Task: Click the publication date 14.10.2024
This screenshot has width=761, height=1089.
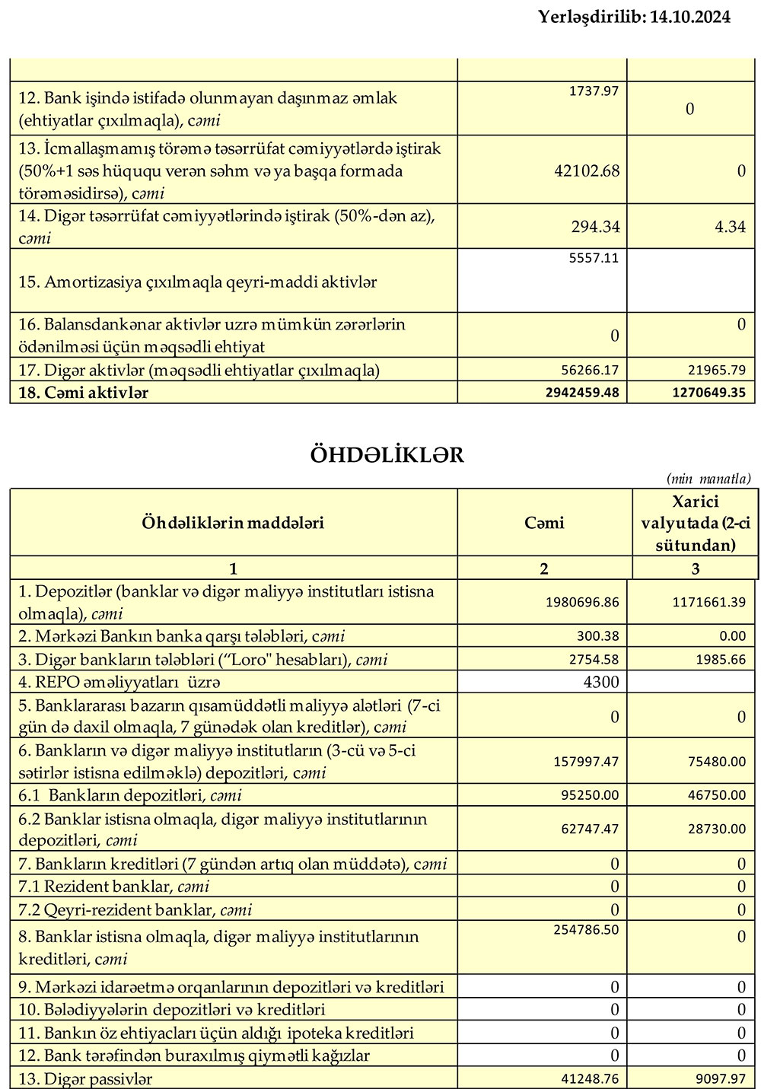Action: [x=689, y=17]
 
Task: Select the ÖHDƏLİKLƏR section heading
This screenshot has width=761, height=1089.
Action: [x=387, y=455]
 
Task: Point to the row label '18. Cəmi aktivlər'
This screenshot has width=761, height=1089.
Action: [x=84, y=393]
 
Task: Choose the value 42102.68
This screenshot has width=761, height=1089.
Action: [x=587, y=171]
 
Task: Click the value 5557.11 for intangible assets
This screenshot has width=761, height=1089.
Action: [x=594, y=258]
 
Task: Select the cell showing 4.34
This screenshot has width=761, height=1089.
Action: [x=730, y=226]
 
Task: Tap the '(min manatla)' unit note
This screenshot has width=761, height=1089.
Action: [x=708, y=479]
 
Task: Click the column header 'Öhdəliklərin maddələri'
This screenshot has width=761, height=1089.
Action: [x=233, y=523]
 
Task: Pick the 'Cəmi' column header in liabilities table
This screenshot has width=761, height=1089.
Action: [x=544, y=523]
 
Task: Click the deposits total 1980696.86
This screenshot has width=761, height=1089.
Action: [x=582, y=602]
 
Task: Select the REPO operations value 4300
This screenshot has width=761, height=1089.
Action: [x=601, y=682]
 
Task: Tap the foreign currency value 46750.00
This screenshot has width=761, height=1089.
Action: [x=716, y=795]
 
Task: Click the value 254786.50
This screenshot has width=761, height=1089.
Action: [x=583, y=929]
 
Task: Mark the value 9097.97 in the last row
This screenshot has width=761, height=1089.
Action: [x=719, y=1078]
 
